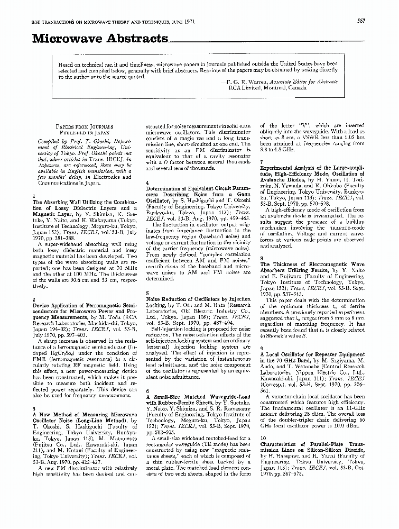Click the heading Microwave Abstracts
pos(100,39)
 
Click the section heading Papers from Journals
pos(85,127)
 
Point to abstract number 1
pos(34,196)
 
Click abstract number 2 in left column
pos(34,299)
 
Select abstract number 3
pos(34,409)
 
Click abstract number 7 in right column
pos(261,161)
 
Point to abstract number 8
pos(261,258)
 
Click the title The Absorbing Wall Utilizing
pos(85,202)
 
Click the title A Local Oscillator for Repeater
pos(312,353)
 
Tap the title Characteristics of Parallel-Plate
pos(312,444)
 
